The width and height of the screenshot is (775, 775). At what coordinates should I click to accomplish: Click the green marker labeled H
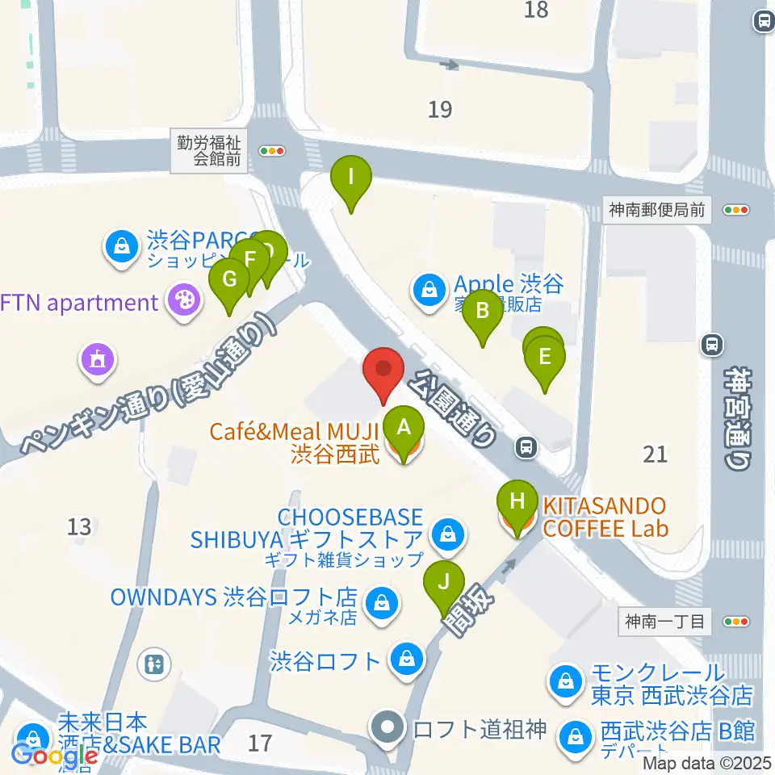pyautogui.click(x=517, y=505)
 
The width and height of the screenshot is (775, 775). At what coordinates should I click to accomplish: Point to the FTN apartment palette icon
pyautogui.click(x=184, y=303)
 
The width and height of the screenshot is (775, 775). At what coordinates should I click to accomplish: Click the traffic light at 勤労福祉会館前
pyautogui.click(x=272, y=150)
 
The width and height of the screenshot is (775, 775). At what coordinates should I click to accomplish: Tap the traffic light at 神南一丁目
pyautogui.click(x=736, y=622)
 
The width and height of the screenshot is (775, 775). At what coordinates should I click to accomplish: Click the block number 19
pyautogui.click(x=440, y=109)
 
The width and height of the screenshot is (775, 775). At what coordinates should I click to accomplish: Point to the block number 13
pyautogui.click(x=79, y=527)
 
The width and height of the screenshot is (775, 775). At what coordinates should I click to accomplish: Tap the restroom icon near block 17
pyautogui.click(x=155, y=664)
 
